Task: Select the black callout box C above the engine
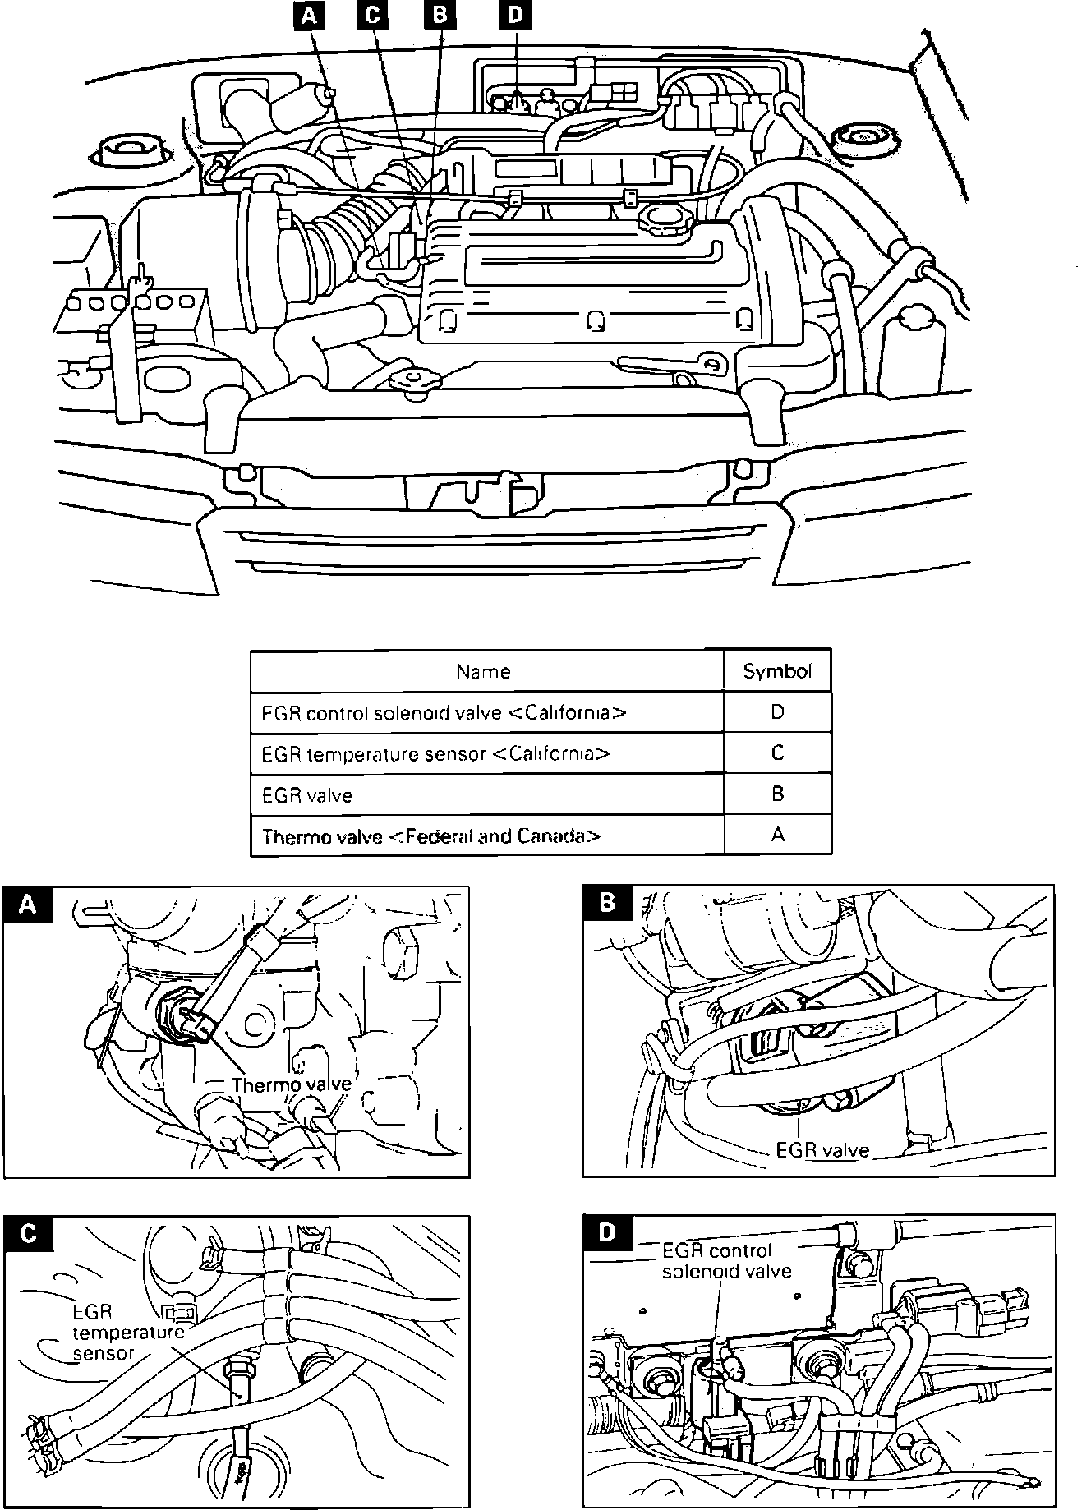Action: (372, 16)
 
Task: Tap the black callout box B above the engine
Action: (439, 16)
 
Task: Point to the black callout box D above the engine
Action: (515, 16)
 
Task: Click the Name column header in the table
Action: (483, 672)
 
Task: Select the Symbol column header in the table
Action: (777, 672)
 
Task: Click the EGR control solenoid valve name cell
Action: (444, 712)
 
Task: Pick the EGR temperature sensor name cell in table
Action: (435, 753)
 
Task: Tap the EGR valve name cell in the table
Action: (307, 795)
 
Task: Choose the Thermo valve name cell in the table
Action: (431, 836)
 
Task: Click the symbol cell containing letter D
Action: (777, 712)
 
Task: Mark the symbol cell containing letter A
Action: (777, 836)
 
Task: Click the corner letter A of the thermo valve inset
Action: (27, 904)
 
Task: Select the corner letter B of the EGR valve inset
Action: (606, 903)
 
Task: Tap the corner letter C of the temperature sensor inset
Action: (28, 1234)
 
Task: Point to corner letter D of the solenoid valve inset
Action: (607, 1232)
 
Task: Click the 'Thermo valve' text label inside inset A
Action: (291, 1084)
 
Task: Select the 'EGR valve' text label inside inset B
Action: (822, 1150)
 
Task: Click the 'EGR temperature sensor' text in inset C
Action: (127, 1333)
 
